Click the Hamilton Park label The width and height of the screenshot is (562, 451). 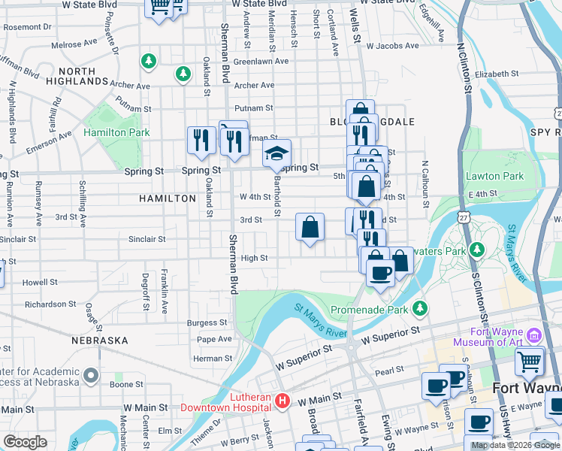pyautogui.click(x=116, y=133)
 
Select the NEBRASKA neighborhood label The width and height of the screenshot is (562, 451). pyautogui.click(x=100, y=341)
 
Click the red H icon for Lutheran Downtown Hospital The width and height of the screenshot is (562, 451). pyautogui.click(x=283, y=401)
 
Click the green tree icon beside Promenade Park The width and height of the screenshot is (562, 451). pyautogui.click(x=421, y=307)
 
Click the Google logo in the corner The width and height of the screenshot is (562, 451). pyautogui.click(x=25, y=441)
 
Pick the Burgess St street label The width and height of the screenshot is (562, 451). pyautogui.click(x=207, y=322)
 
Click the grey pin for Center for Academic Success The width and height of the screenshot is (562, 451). pyautogui.click(x=91, y=374)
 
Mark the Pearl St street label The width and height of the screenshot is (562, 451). pyautogui.click(x=390, y=371)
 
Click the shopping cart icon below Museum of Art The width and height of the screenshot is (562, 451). pyautogui.click(x=530, y=362)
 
